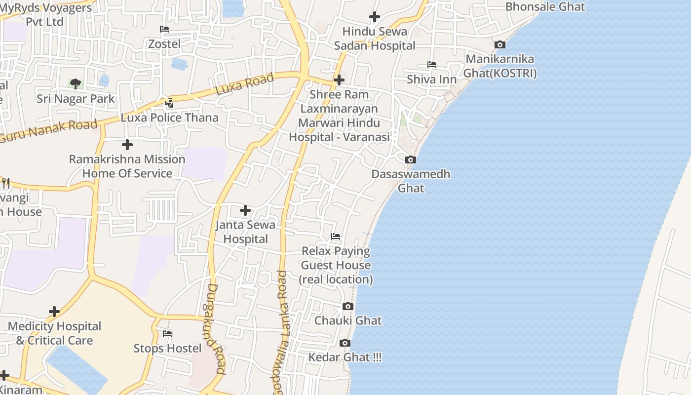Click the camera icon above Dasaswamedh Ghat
410,160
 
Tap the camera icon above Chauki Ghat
348,307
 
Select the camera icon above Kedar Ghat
345,343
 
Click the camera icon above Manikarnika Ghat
500,45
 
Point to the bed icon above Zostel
164,30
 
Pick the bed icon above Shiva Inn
432,65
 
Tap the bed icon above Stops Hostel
167,334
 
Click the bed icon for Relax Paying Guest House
336,237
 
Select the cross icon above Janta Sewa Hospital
245,211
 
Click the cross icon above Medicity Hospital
54,312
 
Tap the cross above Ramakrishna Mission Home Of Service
127,145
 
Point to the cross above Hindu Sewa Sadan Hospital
375,17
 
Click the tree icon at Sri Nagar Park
76,84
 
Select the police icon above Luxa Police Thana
169,103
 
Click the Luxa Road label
245,84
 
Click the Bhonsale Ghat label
545,7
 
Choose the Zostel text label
164,44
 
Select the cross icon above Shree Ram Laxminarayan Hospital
339,80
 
